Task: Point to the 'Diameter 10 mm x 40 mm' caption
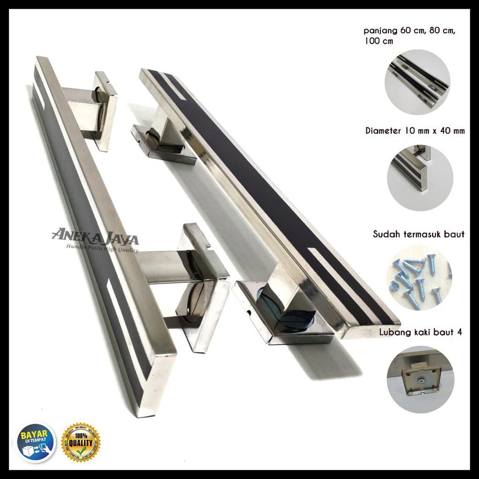tap(415, 131)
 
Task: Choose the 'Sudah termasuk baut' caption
tap(419, 234)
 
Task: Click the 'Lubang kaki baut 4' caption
tap(420, 333)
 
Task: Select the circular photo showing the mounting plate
tap(420, 379)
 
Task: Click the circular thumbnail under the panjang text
tap(417, 82)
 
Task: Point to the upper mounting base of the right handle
tap(164, 140)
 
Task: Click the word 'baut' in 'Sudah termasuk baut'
tap(454, 234)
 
